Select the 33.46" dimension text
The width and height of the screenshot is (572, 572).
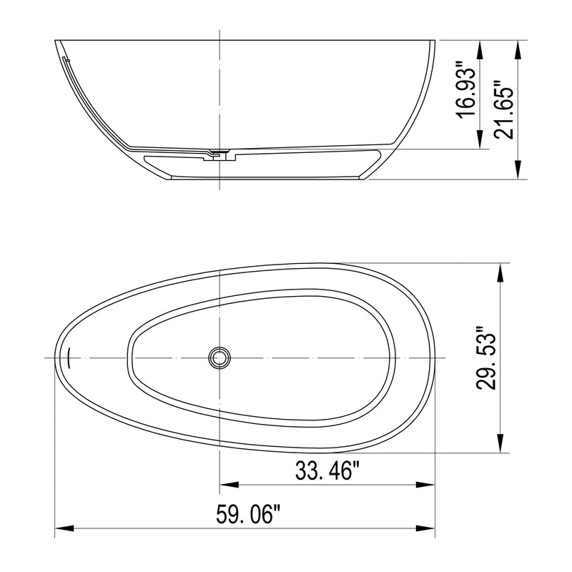(x=327, y=471)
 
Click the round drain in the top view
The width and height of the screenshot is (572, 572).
(x=219, y=357)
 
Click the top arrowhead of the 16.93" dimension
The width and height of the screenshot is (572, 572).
(x=483, y=46)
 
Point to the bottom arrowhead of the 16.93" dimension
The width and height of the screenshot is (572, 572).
(x=483, y=142)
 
